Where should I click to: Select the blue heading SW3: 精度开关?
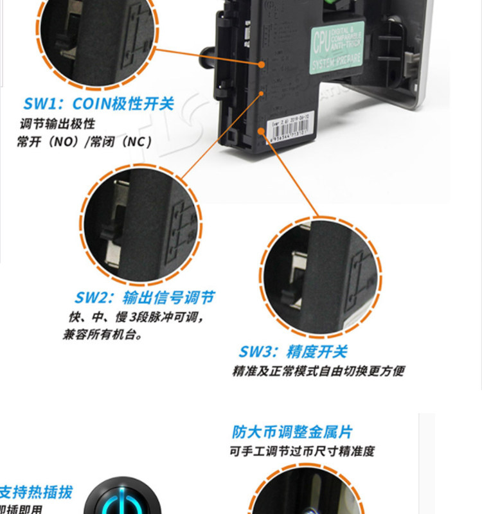293,351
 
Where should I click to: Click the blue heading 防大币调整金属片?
292,432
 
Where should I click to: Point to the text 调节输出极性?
58,123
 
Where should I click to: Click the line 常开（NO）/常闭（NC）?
84,141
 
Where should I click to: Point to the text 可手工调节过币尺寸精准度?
301,451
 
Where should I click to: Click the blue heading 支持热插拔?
35,493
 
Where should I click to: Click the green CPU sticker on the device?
337,49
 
